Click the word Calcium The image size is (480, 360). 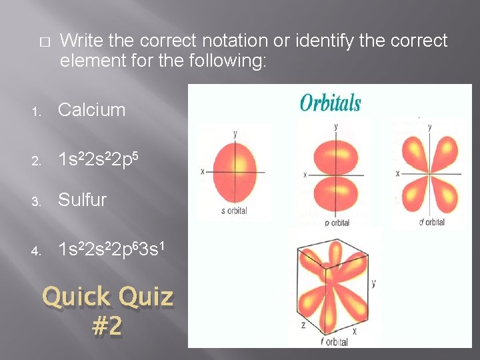point(91,110)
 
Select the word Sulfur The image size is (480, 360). point(82,200)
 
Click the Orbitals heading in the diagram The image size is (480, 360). point(330,103)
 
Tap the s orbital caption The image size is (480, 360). point(233,211)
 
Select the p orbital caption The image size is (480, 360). point(337,223)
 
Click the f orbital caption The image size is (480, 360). point(333,342)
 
